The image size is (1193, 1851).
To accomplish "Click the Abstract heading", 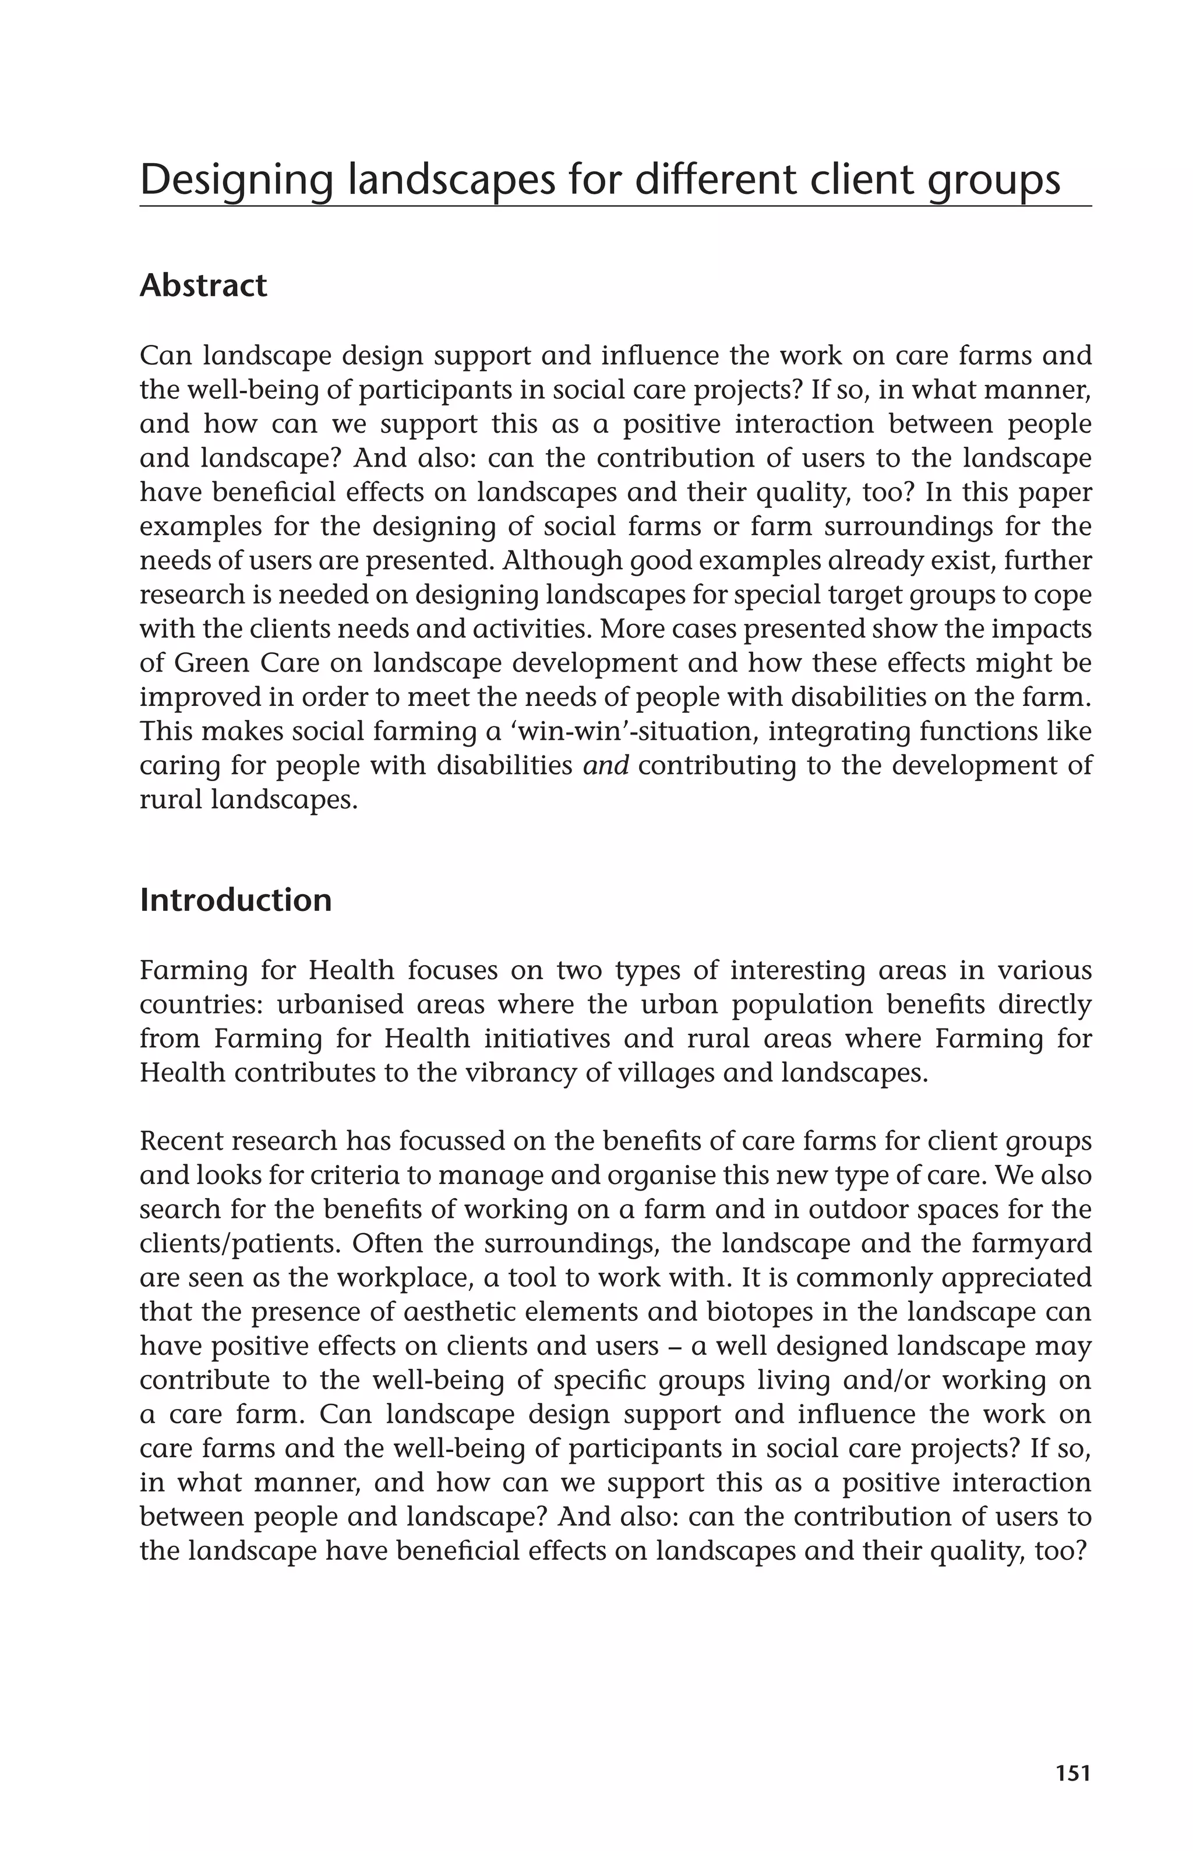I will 203,286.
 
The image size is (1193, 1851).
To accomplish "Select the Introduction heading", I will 235,900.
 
